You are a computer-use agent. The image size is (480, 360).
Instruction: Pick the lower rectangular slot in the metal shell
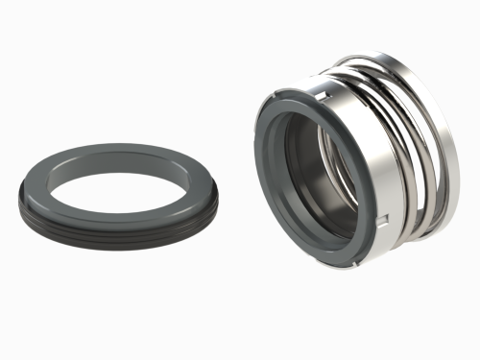click(x=382, y=223)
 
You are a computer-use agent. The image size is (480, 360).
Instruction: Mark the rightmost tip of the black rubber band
click(x=218, y=204)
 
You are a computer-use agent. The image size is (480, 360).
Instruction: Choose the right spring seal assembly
click(x=355, y=163)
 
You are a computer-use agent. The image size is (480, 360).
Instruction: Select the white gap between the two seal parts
click(x=235, y=144)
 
